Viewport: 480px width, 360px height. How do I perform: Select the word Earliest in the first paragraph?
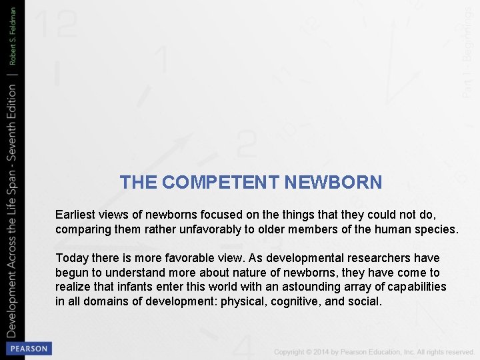76,215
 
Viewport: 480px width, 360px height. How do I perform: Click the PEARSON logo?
28,349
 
